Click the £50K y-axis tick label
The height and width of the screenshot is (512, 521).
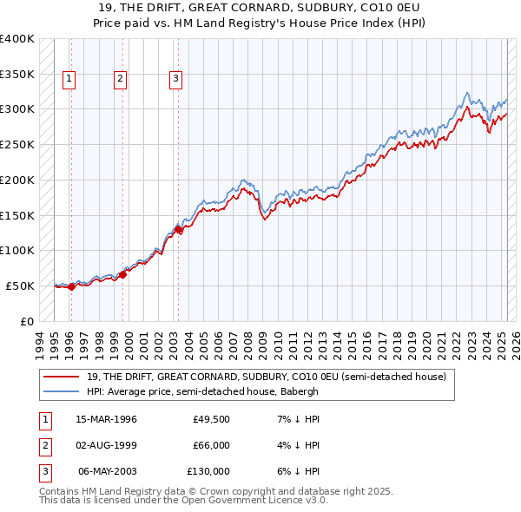tap(20, 286)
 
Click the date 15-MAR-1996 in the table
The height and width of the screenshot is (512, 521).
tap(106, 419)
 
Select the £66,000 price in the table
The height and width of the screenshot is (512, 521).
tap(211, 445)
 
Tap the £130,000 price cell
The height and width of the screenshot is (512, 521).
tap(208, 471)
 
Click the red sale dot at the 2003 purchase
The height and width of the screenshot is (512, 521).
tap(178, 230)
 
